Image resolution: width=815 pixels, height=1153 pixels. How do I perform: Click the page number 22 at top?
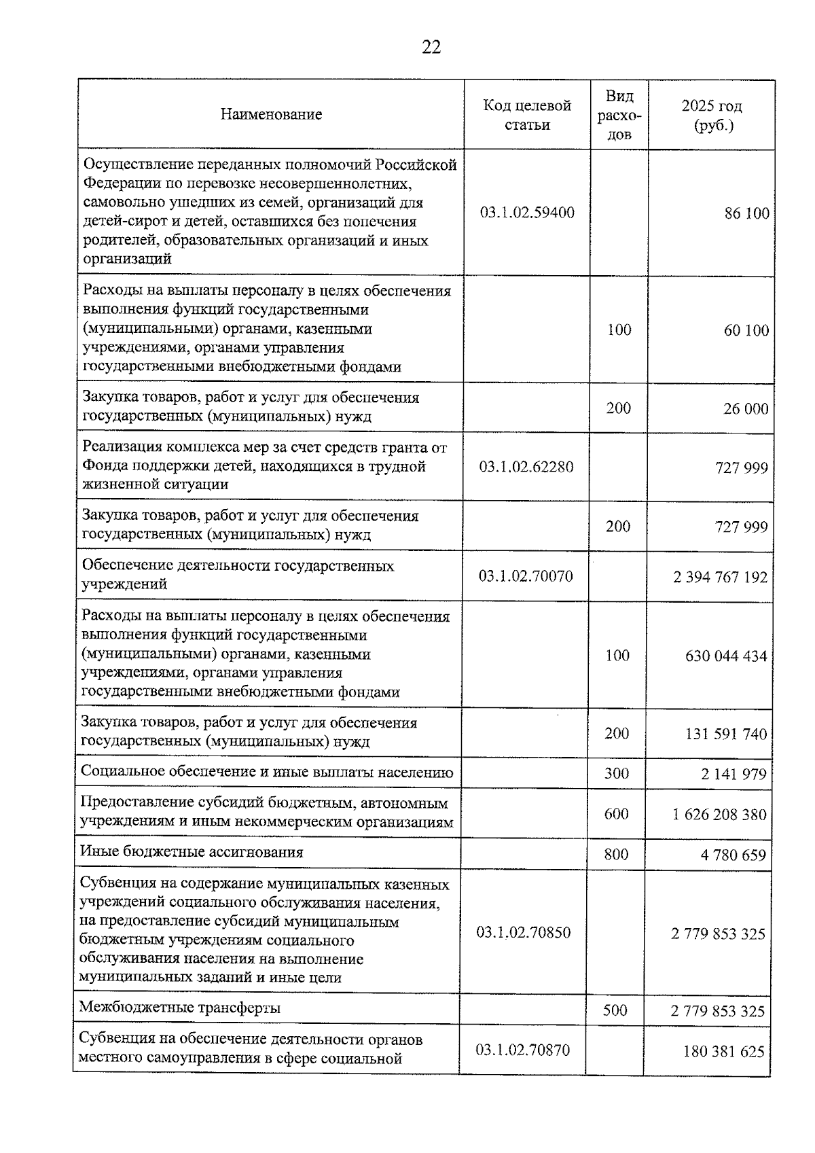[431, 47]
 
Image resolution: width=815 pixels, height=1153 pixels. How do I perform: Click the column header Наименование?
[271, 114]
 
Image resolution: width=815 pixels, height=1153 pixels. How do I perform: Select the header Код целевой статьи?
[527, 115]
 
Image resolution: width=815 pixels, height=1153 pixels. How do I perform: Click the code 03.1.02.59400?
[527, 213]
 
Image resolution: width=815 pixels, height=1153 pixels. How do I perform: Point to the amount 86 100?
[746, 213]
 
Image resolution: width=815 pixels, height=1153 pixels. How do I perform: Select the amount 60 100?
[746, 330]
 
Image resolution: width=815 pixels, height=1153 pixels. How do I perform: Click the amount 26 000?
[745, 408]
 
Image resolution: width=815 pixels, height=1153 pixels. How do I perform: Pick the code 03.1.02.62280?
[526, 467]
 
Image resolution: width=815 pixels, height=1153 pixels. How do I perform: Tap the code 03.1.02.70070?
[526, 576]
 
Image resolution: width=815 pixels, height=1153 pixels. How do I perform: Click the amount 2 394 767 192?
[720, 577]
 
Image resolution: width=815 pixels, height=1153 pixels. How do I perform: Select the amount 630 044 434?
[725, 656]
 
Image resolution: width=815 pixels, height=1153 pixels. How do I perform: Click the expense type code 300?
[617, 773]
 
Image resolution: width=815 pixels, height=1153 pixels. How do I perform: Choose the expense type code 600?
[616, 813]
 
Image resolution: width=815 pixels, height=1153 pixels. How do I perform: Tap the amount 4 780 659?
[733, 855]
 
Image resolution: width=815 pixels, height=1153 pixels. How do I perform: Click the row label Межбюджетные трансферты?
[180, 1008]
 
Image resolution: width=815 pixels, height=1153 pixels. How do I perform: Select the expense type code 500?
[615, 1010]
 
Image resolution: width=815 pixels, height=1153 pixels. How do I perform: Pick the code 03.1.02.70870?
[522, 1050]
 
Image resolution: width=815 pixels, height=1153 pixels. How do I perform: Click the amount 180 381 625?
[723, 1052]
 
